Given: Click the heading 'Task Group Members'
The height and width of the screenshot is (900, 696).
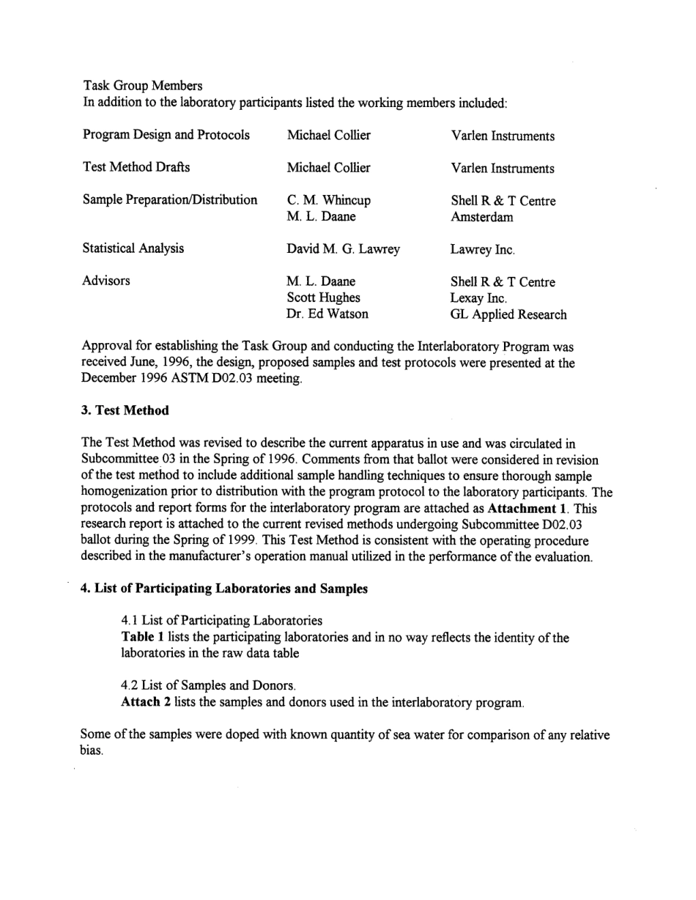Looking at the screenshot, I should pos(142,86).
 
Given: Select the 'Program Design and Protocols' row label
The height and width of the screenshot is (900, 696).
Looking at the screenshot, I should pos(166,135).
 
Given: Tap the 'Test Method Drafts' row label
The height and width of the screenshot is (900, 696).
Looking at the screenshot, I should pos(136,167).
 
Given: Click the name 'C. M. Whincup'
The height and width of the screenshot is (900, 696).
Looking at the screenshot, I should pos(329,200).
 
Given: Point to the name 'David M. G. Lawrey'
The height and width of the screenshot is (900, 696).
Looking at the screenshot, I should pos(343,249).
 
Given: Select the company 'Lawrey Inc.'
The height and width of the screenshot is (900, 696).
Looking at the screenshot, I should pos(483,250).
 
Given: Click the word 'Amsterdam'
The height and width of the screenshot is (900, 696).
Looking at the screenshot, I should pos(482,217).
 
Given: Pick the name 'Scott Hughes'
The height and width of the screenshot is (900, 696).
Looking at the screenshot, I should pos(323,298).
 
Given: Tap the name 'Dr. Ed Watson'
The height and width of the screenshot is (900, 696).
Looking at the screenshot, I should pos(327,314).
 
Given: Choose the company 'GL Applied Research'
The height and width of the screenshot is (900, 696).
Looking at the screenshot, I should pos(508,314).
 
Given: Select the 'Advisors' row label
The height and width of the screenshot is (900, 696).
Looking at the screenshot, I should pos(106,281).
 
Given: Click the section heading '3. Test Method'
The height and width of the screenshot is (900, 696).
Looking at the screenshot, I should pos(125,410).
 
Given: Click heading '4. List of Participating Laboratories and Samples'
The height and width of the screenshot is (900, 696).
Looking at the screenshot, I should pos(223,589).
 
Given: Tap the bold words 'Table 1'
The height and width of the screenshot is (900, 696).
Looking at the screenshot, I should pos(142,638).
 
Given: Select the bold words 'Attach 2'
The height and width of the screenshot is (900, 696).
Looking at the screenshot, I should pos(146,703).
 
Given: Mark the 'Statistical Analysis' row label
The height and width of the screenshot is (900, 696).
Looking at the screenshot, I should pos(133,248).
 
